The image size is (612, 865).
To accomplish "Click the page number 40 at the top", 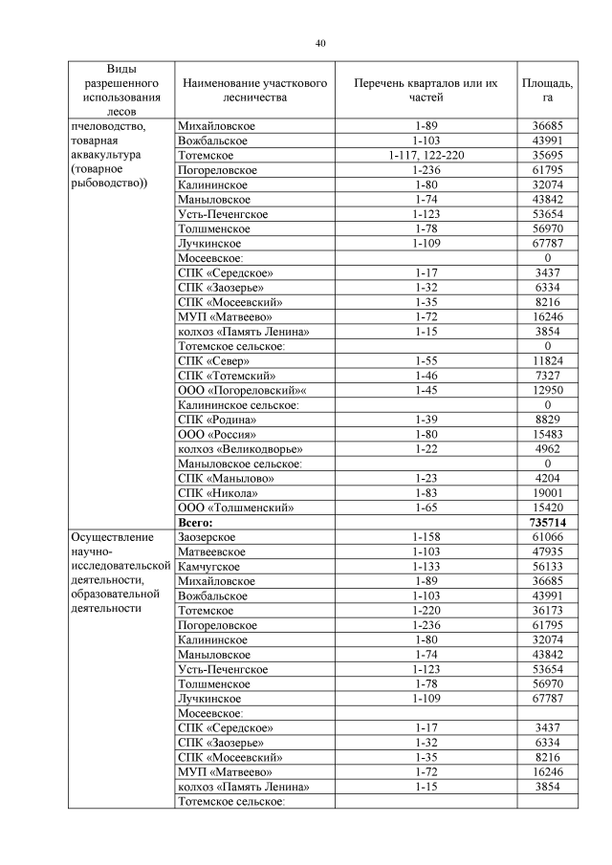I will coord(321,43).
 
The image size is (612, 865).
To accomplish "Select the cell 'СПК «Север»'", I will coord(214,360).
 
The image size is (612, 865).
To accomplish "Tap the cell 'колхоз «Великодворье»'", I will coord(241,449).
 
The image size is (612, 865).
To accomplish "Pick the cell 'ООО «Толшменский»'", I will coord(236,508).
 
